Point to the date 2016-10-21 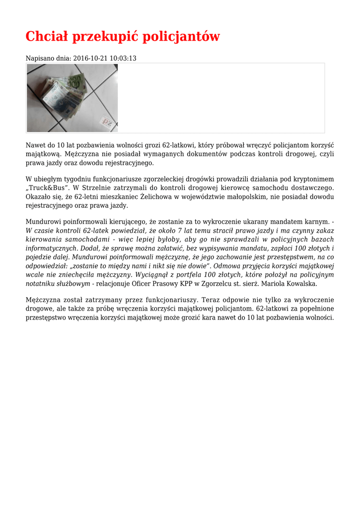(x=90, y=59)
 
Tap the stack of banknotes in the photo (x=65, y=94)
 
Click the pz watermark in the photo (x=107, y=122)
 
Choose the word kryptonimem (x=314, y=179)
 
